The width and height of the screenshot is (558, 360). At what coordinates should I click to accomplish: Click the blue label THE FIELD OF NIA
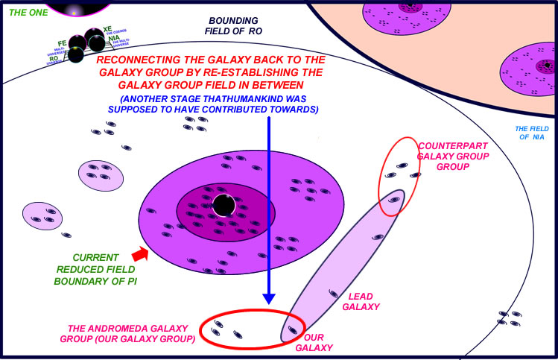point(532,133)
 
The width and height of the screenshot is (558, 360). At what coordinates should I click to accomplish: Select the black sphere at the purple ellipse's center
point(223,205)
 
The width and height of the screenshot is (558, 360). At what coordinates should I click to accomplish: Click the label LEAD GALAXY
point(364,301)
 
